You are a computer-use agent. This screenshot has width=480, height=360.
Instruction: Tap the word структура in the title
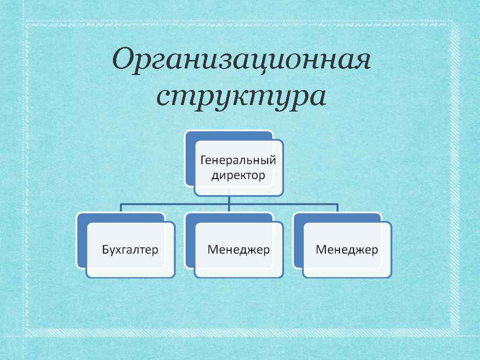241,97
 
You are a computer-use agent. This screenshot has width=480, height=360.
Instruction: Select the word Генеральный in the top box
238,161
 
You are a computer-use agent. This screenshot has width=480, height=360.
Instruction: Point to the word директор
238,176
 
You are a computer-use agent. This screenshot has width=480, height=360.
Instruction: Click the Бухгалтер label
130,249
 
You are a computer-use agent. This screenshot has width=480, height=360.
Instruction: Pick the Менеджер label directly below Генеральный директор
239,249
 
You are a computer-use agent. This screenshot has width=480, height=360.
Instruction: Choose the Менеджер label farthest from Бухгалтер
347,249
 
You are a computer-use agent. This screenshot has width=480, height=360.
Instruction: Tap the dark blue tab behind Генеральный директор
190,159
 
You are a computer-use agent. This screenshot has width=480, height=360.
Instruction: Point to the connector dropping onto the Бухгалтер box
121,208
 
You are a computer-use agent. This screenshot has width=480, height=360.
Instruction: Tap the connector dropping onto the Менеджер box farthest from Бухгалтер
337,208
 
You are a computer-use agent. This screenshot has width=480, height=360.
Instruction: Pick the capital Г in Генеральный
203,161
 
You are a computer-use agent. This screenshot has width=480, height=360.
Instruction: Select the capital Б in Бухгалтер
105,249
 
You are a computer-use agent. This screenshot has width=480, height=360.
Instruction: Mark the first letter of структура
164,97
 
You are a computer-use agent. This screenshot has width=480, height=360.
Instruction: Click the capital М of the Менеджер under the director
212,249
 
